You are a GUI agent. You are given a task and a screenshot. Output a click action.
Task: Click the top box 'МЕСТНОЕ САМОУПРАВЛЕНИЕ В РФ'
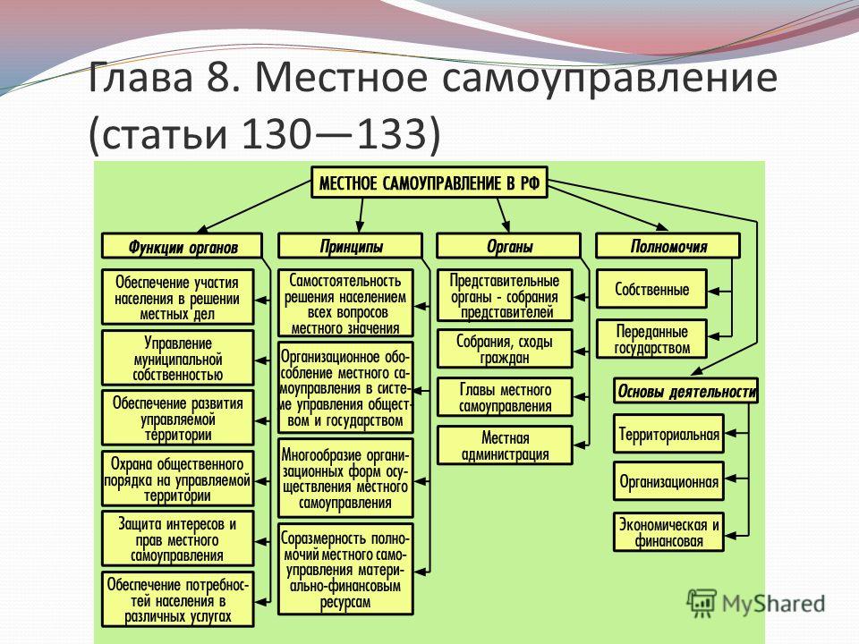tap(429, 182)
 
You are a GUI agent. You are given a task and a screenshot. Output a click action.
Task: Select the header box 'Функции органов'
tap(182, 246)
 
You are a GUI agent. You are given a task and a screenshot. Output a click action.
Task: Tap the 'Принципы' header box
tap(350, 246)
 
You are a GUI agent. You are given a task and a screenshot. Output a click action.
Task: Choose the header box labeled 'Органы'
tap(508, 246)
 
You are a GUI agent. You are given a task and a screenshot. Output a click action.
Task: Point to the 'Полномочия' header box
tap(668, 246)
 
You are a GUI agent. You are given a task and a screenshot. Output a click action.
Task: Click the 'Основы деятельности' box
tap(686, 391)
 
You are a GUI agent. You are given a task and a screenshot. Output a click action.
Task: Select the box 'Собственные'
tap(651, 289)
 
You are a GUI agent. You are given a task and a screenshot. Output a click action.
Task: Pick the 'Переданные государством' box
tap(651, 339)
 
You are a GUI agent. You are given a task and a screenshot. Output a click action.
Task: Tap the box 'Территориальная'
tap(668, 434)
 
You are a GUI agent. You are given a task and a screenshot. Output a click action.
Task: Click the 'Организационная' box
tap(668, 481)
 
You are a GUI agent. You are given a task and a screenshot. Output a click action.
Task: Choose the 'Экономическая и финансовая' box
tap(668, 531)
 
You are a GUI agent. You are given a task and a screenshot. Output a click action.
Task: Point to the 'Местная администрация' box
tap(505, 445)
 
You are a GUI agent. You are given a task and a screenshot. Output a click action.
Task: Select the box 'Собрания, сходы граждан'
tap(505, 349)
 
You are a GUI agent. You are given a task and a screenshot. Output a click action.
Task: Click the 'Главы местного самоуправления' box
tap(505, 397)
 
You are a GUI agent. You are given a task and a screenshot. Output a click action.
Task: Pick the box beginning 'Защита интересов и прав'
tap(177, 538)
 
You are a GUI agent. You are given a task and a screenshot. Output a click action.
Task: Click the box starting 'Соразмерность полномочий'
tap(345, 569)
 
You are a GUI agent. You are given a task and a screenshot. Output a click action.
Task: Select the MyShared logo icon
tap(702, 604)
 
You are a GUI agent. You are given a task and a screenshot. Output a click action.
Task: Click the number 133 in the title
tap(391, 133)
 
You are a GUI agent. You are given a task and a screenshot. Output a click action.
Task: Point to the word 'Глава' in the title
tap(140, 77)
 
